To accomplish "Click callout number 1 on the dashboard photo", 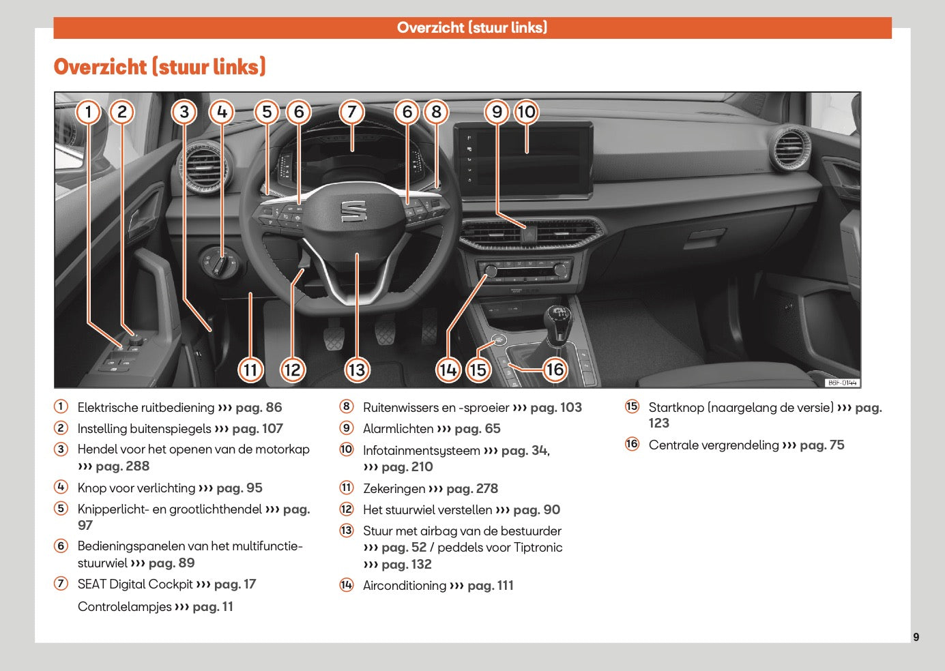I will tap(88, 112).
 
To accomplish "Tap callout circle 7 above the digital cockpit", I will tap(351, 112).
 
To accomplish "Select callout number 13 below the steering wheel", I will tap(357, 370).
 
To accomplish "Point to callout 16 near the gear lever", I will tap(555, 370).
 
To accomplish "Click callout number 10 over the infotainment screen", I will tap(526, 112).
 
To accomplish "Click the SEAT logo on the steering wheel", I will tap(353, 211).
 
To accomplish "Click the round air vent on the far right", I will tap(790, 147).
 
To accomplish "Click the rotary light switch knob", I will tap(219, 263).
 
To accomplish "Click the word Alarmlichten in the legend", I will tap(398, 429).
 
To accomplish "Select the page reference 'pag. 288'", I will tap(122, 466).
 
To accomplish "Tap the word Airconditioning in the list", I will tap(405, 586).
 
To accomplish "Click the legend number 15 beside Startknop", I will tap(633, 406).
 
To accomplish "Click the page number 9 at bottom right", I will tap(916, 637).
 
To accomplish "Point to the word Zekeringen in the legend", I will tap(394, 489).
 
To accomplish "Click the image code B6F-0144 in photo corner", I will tap(842, 383).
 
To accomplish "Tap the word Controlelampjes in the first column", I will tap(125, 607).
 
